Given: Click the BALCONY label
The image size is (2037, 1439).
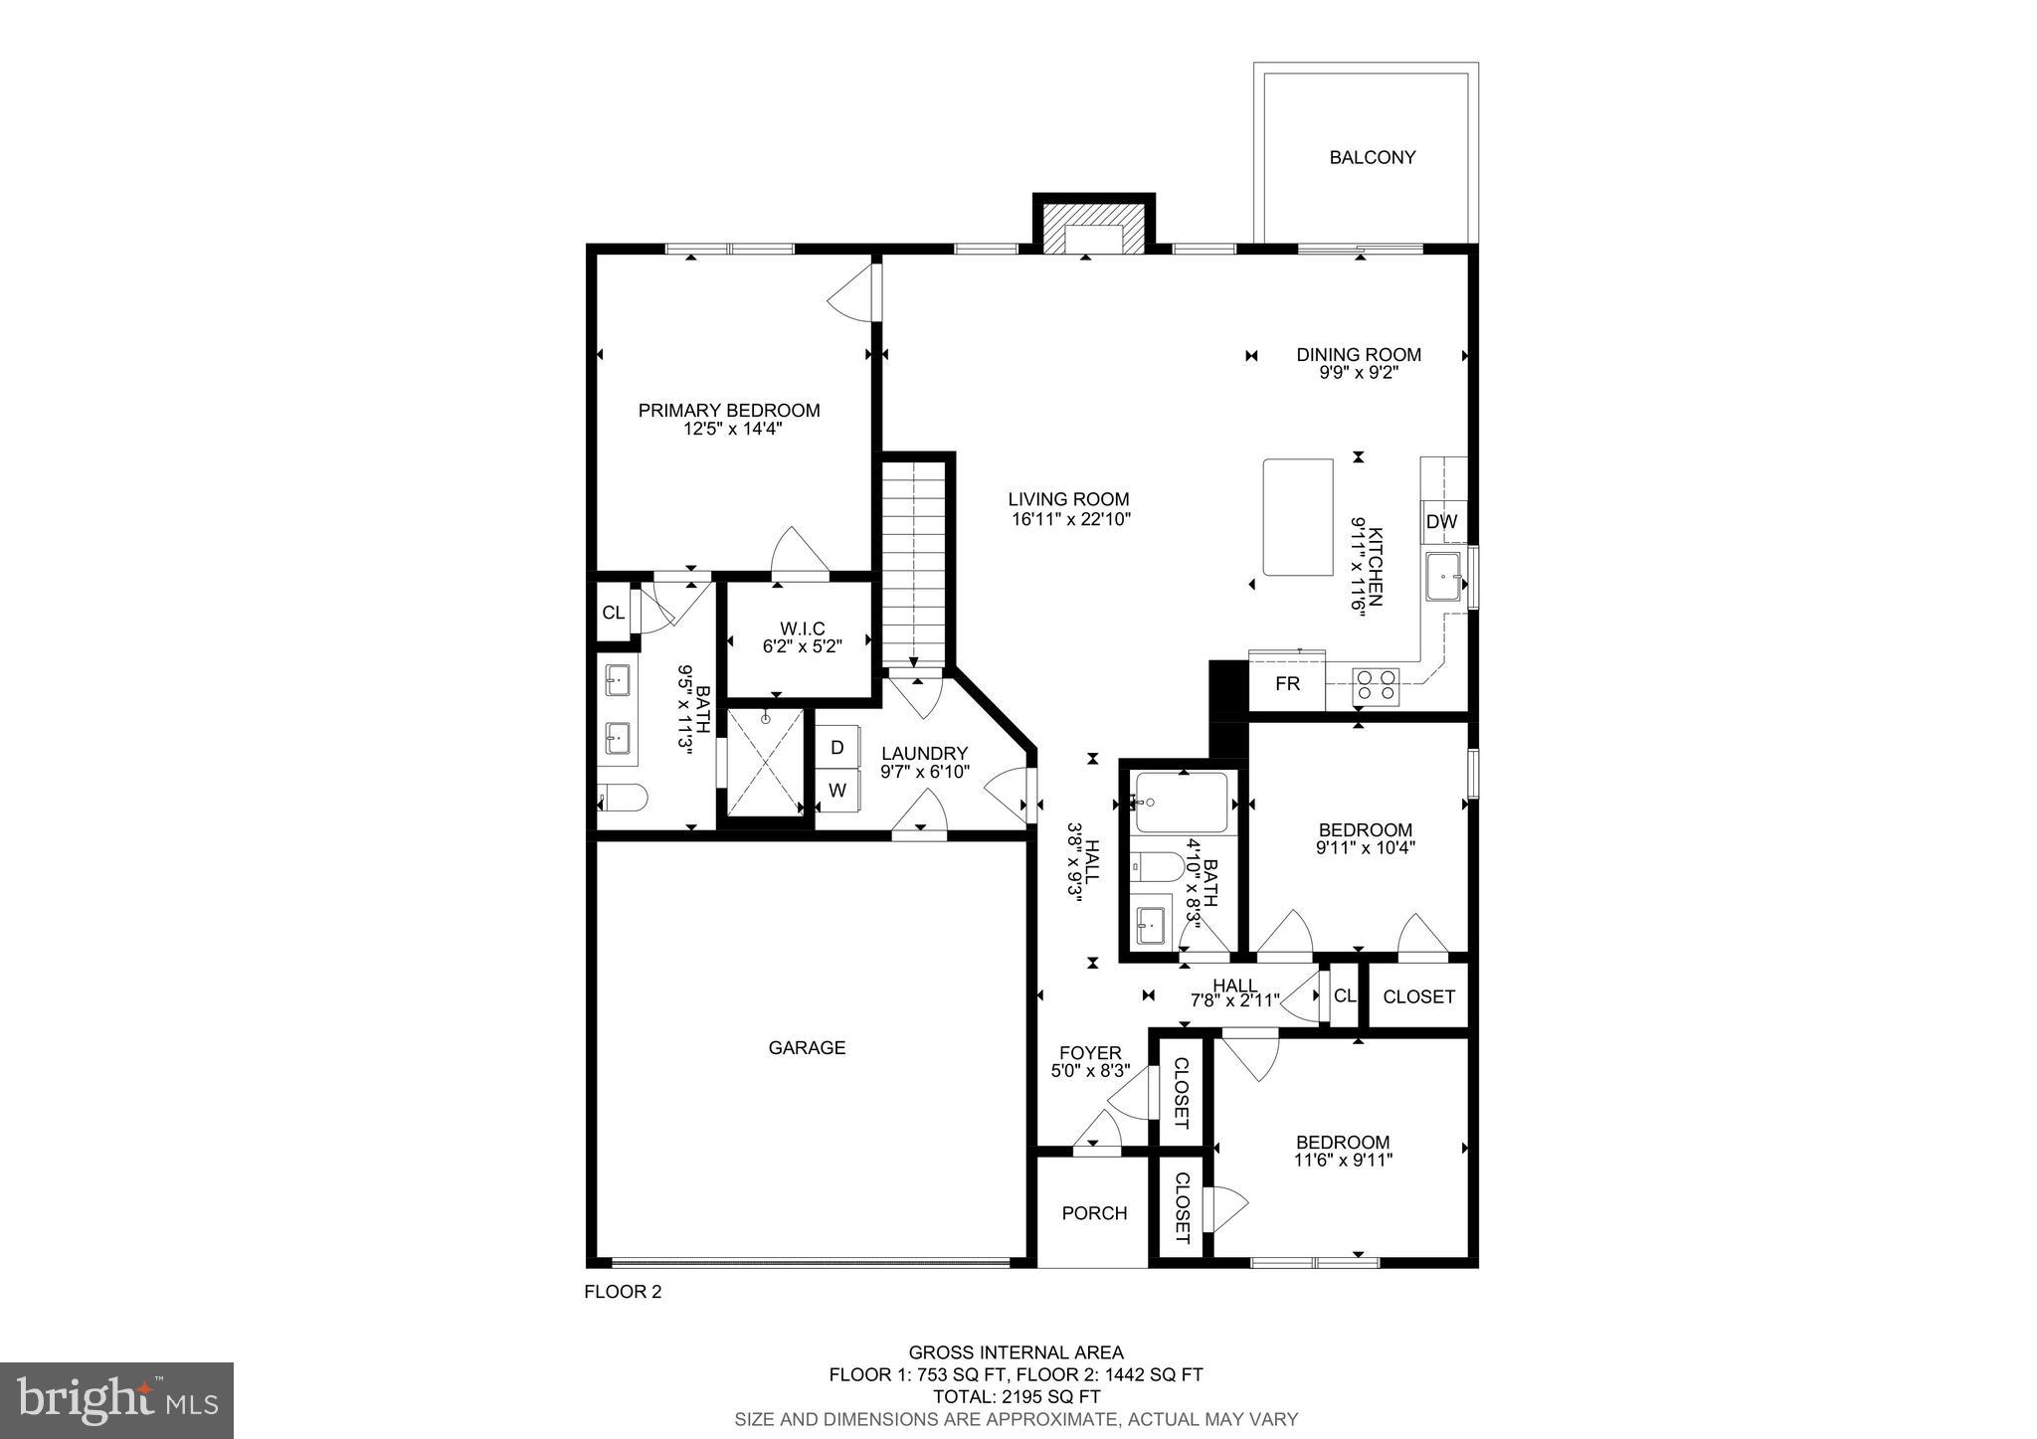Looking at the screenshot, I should pyautogui.click(x=1372, y=157).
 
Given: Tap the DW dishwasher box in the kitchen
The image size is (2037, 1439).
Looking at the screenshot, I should pyautogui.click(x=1441, y=522).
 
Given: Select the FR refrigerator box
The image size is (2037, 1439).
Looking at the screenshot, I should pyautogui.click(x=1287, y=684).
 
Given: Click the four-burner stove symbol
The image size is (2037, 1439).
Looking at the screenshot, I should pyautogui.click(x=1376, y=685).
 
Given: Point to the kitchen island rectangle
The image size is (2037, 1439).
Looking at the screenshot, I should pyautogui.click(x=1298, y=516).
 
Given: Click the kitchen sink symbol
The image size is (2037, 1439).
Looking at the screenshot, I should pyautogui.click(x=1444, y=578).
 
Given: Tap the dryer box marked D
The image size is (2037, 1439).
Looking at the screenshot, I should pyautogui.click(x=837, y=747).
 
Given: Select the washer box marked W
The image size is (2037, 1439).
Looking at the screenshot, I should pyautogui.click(x=837, y=791).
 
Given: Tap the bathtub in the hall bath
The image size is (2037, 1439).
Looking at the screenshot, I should pyautogui.click(x=1182, y=802).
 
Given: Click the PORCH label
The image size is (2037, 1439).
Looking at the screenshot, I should pyautogui.click(x=1094, y=1213).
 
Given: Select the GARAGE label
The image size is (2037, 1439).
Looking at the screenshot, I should pyautogui.click(x=807, y=1047).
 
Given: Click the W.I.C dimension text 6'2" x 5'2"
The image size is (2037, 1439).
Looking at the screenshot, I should pyautogui.click(x=802, y=645).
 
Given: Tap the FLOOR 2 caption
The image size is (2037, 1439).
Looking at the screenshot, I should pyautogui.click(x=622, y=1292).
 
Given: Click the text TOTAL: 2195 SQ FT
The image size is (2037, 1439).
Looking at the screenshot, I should pyautogui.click(x=1016, y=1396).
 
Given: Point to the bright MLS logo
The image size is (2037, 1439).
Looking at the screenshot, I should pyautogui.click(x=116, y=1400).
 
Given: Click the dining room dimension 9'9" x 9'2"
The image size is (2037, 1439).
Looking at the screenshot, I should pyautogui.click(x=1359, y=373).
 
